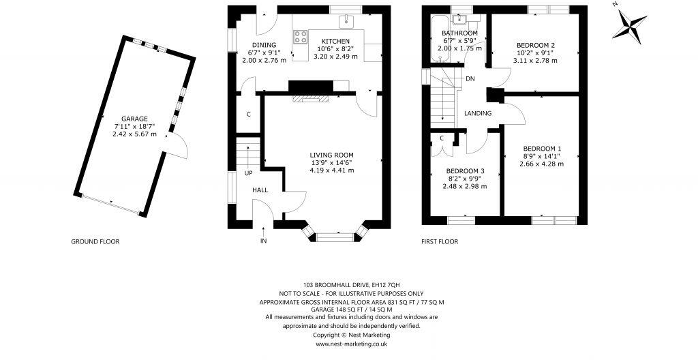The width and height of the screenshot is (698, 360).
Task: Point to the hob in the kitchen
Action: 299,37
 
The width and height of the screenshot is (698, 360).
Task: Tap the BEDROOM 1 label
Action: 542,149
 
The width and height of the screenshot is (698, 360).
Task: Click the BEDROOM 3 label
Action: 466,171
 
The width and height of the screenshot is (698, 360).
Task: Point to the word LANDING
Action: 476,113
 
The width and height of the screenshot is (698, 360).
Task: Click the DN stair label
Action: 470,79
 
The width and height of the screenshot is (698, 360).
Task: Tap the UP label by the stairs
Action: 249,173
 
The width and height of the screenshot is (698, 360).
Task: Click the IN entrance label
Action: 263,241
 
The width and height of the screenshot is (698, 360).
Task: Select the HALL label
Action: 260,190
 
